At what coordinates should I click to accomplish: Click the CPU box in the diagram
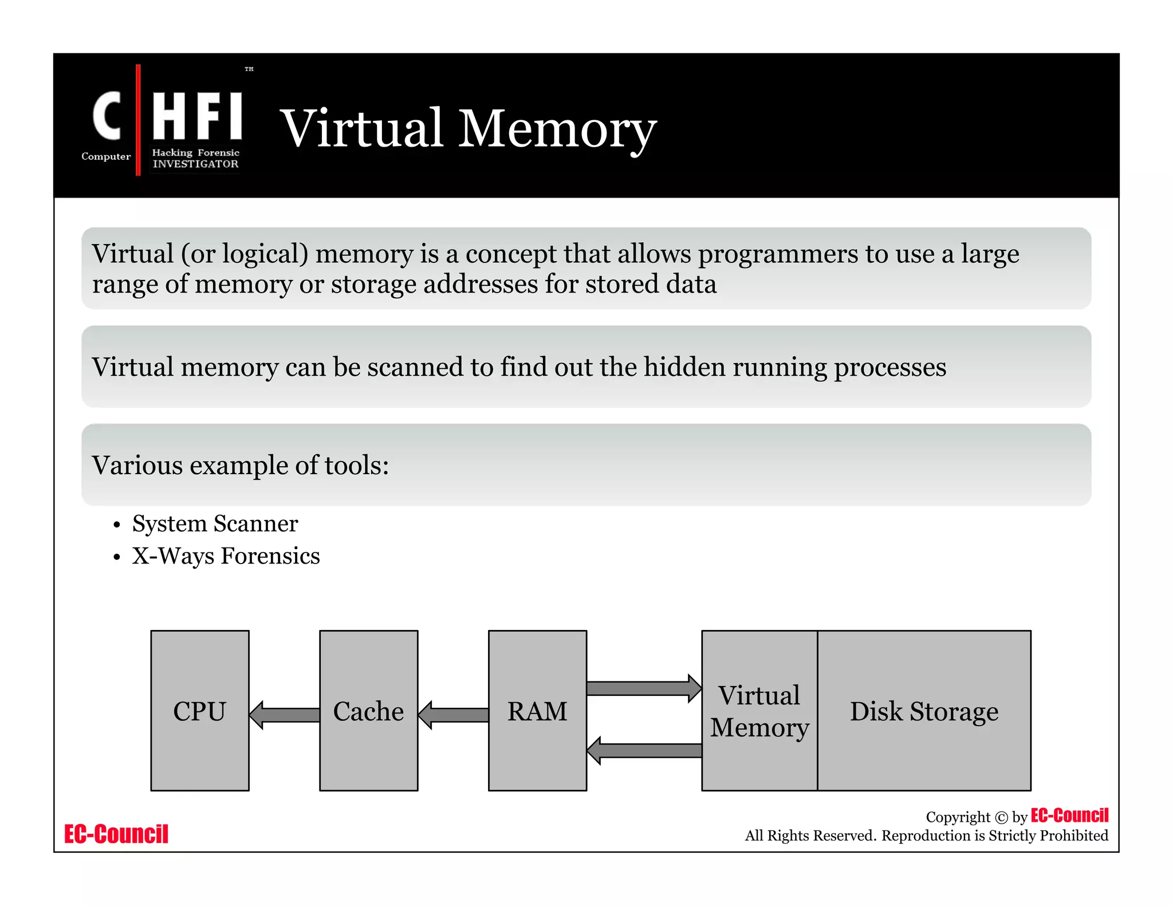point(200,711)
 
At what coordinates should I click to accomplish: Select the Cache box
point(368,711)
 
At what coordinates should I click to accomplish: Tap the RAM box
point(537,711)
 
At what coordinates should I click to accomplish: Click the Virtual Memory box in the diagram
point(759,711)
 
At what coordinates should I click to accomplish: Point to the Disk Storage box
point(924,711)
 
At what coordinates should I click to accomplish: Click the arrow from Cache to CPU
point(285,715)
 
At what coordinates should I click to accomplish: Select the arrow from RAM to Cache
point(453,715)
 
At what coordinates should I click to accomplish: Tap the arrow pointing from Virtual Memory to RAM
point(645,750)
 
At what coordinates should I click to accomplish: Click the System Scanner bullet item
point(215,523)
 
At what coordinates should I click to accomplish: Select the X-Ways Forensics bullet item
point(226,556)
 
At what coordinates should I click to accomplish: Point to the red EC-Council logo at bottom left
point(116,834)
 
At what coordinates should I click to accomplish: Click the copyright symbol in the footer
point(1001,817)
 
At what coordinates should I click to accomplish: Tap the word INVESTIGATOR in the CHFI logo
point(195,164)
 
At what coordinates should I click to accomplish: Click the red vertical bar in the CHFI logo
point(138,120)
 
